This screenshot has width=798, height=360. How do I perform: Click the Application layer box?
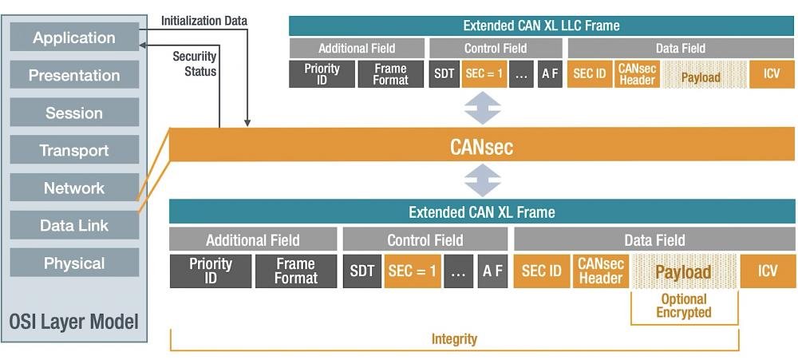coord(74,38)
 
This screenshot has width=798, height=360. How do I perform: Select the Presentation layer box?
coord(74,75)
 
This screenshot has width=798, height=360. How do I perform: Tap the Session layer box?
coord(74,113)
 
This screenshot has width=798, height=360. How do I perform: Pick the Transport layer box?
coord(74,150)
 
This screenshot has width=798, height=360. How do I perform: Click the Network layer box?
coord(74,188)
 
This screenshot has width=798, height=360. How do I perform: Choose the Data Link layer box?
coord(74,226)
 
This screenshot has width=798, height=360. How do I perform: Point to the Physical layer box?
coord(74,263)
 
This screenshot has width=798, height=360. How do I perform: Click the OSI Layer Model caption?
coord(74,322)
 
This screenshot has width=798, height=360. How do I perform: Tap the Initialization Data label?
coord(204,21)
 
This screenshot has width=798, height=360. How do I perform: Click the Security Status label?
coord(195,64)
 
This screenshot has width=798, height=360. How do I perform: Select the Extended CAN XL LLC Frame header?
coord(542,26)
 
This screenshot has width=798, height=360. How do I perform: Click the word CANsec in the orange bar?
coord(481,148)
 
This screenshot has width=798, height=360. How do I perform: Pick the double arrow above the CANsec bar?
coord(483,108)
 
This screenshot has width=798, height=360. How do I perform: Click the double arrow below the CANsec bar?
coord(483,180)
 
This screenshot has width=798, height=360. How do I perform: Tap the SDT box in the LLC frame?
coord(444,73)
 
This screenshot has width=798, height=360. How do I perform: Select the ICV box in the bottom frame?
coord(768,271)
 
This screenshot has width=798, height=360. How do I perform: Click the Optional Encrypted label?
coord(684,306)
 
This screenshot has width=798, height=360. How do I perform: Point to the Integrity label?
coord(454,339)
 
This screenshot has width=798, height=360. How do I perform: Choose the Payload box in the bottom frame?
coord(683,271)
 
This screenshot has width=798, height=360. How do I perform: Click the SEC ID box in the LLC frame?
coord(590,73)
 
